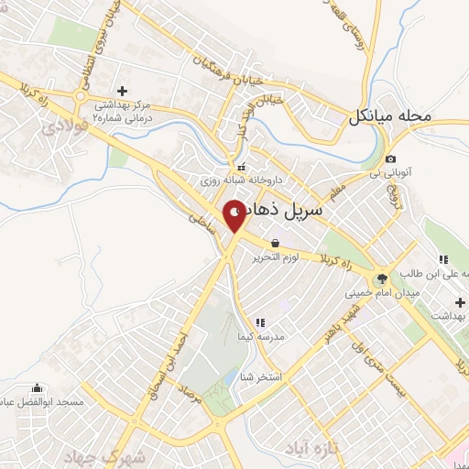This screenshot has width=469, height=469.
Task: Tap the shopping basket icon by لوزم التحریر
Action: pos(276,243)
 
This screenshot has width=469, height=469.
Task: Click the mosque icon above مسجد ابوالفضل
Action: pos(37,387)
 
